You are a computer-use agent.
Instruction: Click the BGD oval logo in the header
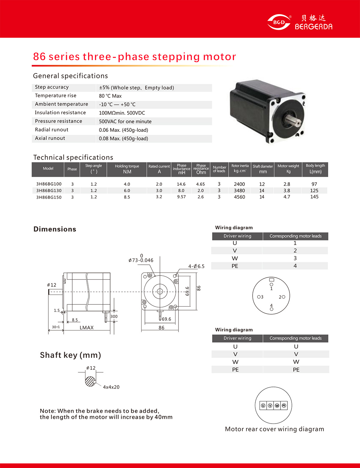click(x=279, y=22)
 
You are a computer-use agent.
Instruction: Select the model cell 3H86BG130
click(x=49, y=191)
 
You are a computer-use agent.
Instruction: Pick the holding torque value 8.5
click(x=127, y=197)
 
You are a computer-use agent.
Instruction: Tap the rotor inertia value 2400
click(x=239, y=184)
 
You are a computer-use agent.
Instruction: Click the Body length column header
click(x=315, y=169)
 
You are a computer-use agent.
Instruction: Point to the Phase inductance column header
click(x=181, y=169)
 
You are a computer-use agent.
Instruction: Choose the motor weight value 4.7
click(x=287, y=197)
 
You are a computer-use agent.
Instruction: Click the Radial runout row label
click(x=52, y=130)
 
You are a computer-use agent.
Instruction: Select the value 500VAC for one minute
click(x=125, y=122)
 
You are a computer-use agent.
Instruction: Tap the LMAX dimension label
click(x=86, y=328)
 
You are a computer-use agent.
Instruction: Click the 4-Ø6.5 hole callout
click(x=196, y=266)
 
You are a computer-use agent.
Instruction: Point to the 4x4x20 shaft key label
click(x=111, y=387)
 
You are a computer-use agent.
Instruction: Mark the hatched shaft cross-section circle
click(x=90, y=381)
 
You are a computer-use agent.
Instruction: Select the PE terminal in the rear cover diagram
click(x=284, y=406)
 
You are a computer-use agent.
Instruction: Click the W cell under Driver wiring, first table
click(x=235, y=258)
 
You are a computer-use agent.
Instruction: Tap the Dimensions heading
click(x=55, y=229)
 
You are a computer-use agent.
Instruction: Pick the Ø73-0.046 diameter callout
click(x=141, y=260)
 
